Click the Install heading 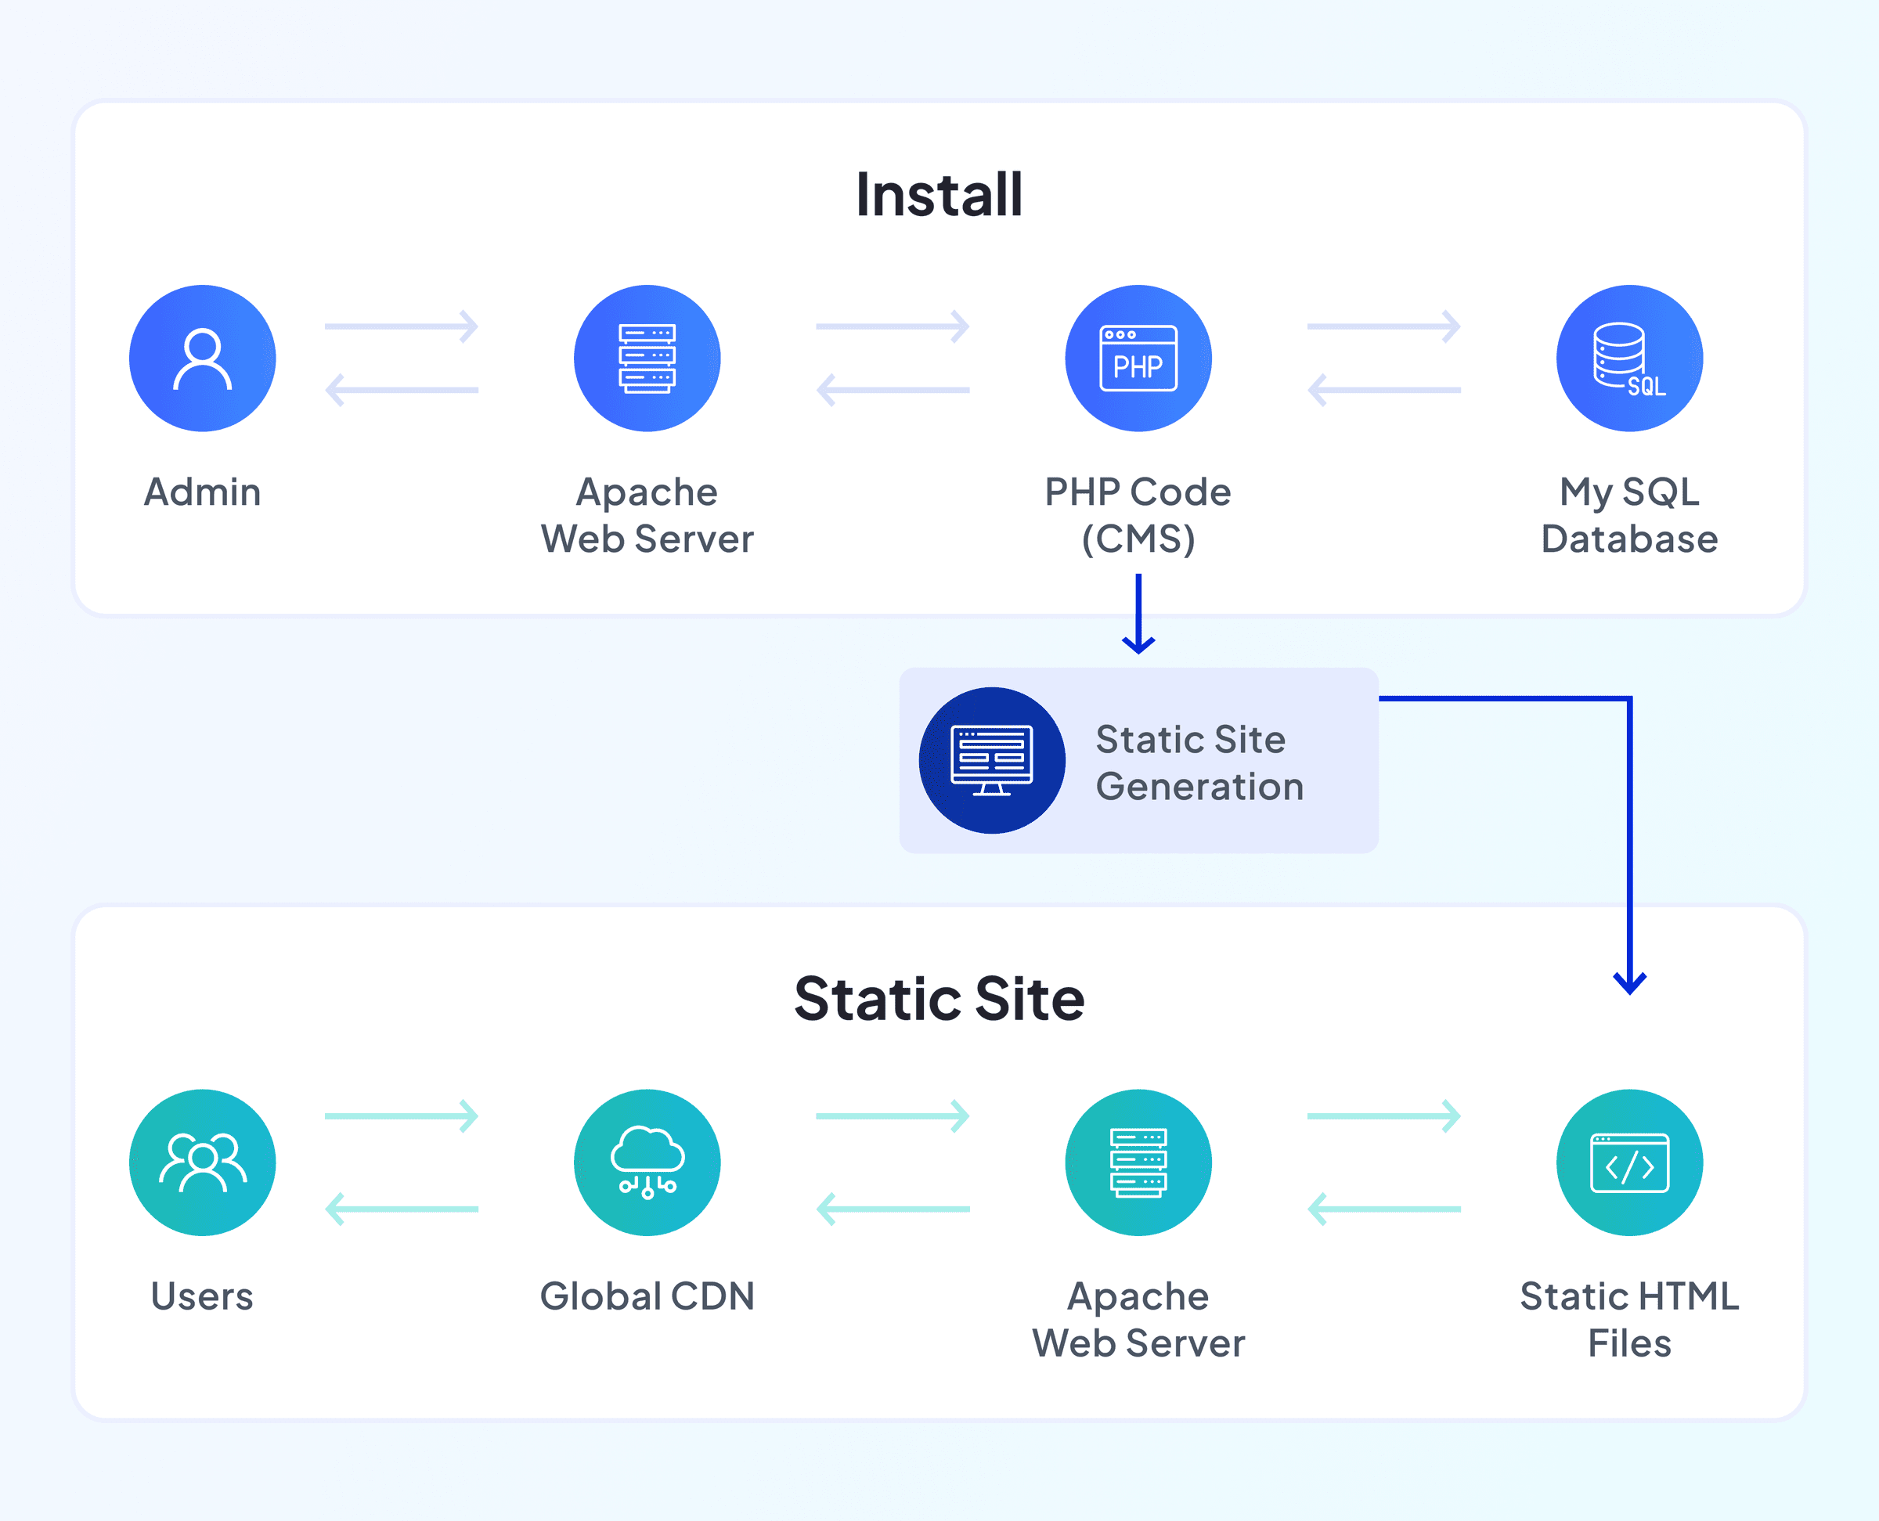pos(939,194)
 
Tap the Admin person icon pos(203,359)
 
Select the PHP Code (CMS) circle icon pos(1138,359)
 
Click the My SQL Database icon pos(1629,359)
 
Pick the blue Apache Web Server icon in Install pos(647,359)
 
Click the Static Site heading pos(939,999)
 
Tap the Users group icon pos(203,1162)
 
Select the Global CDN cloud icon pos(647,1162)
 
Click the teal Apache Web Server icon pos(1138,1162)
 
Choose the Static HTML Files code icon pos(1629,1162)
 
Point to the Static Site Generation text pos(1199,763)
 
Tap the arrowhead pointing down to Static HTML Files pos(1629,983)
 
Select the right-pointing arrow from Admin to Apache pos(402,326)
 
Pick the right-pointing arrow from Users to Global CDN pos(402,1116)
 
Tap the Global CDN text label pos(647,1296)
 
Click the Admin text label pos(203,492)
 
